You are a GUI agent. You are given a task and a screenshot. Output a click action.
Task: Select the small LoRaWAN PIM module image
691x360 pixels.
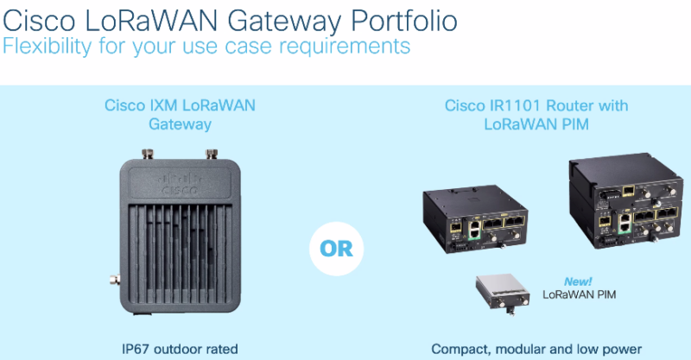pos(503,291)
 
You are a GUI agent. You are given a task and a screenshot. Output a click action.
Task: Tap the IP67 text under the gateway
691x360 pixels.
pos(139,349)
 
